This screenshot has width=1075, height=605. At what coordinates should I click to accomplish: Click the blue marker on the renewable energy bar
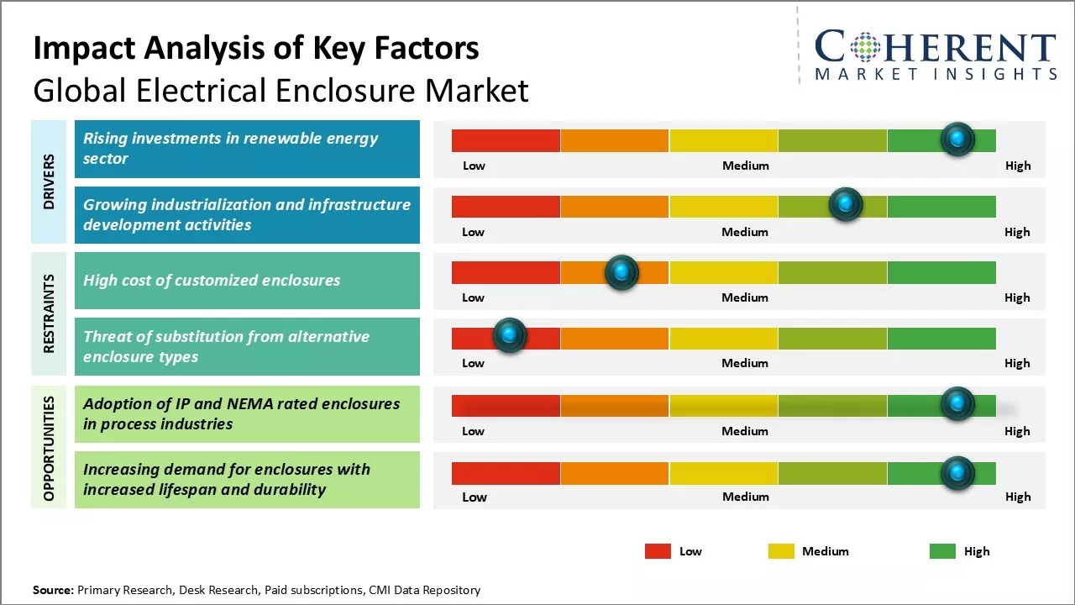[x=957, y=139]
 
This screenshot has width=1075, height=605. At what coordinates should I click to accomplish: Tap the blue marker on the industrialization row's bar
[x=845, y=205]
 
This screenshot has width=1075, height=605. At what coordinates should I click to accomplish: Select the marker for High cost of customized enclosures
[x=621, y=271]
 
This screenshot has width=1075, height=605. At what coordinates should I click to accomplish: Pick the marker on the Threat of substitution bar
[x=509, y=336]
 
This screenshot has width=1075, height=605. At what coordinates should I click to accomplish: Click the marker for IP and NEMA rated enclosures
[x=957, y=404]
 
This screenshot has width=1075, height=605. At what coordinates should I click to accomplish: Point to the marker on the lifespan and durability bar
[x=957, y=473]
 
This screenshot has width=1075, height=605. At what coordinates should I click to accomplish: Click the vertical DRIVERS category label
[x=49, y=181]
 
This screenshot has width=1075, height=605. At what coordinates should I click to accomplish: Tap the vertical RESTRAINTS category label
[x=49, y=313]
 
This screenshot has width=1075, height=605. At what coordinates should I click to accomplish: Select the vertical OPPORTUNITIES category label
[x=49, y=449]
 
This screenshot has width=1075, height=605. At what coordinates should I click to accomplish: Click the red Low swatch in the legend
[x=658, y=551]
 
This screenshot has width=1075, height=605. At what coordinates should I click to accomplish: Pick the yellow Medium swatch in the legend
[x=781, y=551]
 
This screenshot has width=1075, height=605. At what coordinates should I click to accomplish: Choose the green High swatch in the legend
[x=942, y=551]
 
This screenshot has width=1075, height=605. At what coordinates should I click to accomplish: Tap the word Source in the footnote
[x=52, y=590]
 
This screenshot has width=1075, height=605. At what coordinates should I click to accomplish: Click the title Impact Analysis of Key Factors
[x=256, y=48]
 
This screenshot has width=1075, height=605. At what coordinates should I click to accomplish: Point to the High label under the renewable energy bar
[x=1017, y=166]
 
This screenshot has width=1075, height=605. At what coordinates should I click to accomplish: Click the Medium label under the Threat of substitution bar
[x=745, y=363]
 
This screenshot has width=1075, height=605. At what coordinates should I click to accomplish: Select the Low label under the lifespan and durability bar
[x=474, y=497]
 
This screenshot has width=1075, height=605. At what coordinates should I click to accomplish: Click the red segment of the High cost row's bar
[x=506, y=272]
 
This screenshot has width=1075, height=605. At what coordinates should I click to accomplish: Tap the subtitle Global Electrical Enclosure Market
[x=281, y=90]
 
